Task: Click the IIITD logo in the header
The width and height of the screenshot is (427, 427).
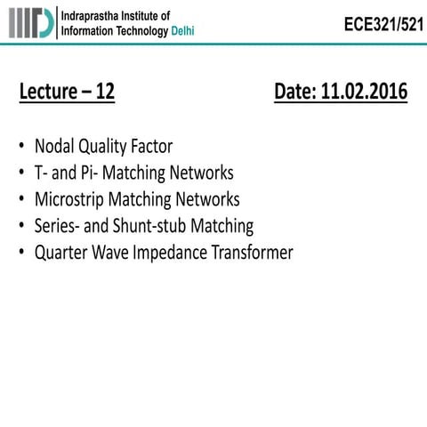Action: (29, 22)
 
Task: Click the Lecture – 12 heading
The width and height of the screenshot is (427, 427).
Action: (67, 92)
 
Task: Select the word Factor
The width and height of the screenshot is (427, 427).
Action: (150, 146)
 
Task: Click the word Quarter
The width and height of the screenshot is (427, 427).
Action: (62, 253)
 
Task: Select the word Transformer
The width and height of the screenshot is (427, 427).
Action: (252, 253)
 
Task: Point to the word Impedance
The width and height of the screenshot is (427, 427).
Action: (173, 253)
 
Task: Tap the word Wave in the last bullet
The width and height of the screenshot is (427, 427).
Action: (115, 253)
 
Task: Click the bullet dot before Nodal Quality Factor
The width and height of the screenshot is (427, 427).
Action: (21, 147)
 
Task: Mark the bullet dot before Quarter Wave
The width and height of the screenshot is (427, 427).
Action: (21, 254)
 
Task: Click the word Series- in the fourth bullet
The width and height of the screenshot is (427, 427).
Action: (58, 226)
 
